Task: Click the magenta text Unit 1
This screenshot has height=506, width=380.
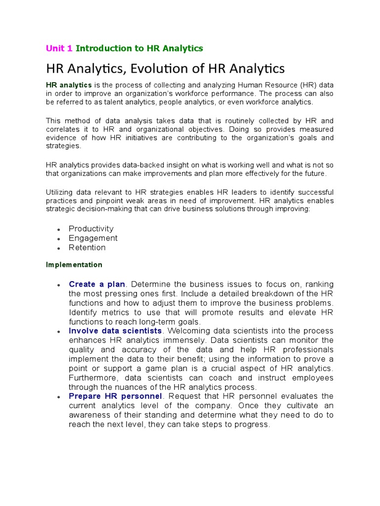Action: click(x=59, y=48)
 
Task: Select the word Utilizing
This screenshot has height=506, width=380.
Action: click(x=61, y=192)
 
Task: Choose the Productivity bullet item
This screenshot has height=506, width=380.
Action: click(x=91, y=229)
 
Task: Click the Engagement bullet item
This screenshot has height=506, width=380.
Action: click(x=93, y=238)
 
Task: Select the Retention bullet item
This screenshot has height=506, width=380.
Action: click(x=87, y=248)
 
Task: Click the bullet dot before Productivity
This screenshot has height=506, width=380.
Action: click(x=59, y=230)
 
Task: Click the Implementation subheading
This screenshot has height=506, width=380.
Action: click(x=74, y=265)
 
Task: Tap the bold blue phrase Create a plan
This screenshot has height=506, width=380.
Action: click(x=97, y=284)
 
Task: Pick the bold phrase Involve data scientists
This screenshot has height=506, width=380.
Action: click(x=115, y=331)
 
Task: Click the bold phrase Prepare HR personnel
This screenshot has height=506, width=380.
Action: click(x=115, y=396)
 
